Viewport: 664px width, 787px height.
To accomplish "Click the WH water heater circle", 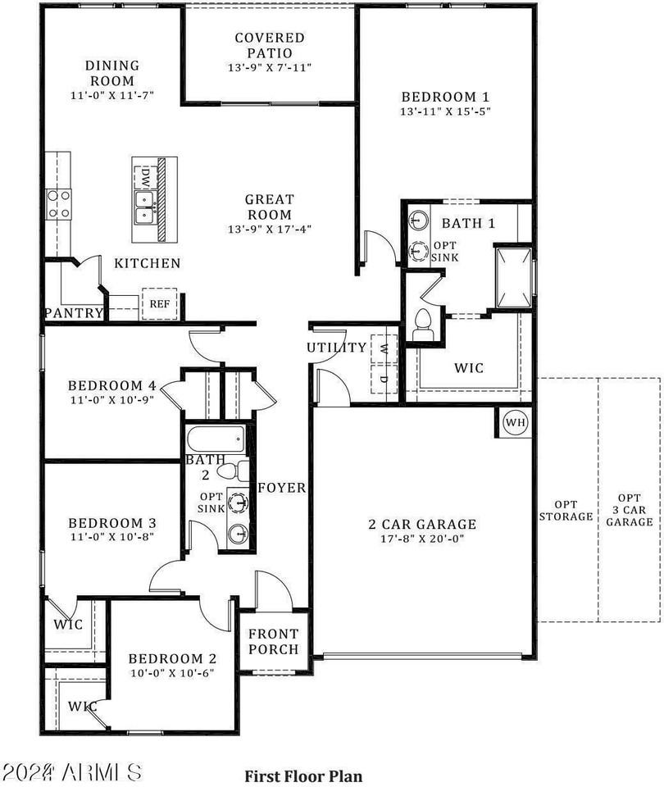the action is coord(516,422).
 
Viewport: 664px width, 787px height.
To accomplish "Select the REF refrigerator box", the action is coord(160,303).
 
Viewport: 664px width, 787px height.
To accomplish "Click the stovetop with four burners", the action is coord(58,205).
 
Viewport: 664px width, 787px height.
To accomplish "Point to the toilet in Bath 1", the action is coord(422,325).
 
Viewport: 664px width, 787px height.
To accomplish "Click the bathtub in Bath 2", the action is coord(216,439).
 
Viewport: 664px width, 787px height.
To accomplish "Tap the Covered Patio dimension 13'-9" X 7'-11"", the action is coord(270,67).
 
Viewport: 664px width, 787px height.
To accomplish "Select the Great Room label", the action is coord(269,207).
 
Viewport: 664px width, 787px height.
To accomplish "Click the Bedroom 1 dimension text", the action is coord(445,111).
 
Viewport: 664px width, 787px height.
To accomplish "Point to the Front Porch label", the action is coord(274,641).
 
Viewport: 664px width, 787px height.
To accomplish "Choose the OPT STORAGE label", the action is coord(566,511).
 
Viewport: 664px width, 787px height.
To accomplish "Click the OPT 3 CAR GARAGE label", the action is coord(630,510).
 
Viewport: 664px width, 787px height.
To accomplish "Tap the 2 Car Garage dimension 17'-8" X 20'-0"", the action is coord(422,539).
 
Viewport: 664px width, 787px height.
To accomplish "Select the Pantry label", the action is coord(74,313).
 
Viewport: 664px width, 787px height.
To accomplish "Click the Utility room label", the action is coord(337,348).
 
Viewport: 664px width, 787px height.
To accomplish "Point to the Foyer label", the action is coord(281,487).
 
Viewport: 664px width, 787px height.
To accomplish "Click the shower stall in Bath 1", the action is coord(513,277).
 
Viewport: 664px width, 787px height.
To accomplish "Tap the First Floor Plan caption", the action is coord(303,776).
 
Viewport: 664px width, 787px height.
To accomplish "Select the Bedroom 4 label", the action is coord(112,385).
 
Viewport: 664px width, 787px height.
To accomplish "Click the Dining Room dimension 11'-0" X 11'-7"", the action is coord(112,95).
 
